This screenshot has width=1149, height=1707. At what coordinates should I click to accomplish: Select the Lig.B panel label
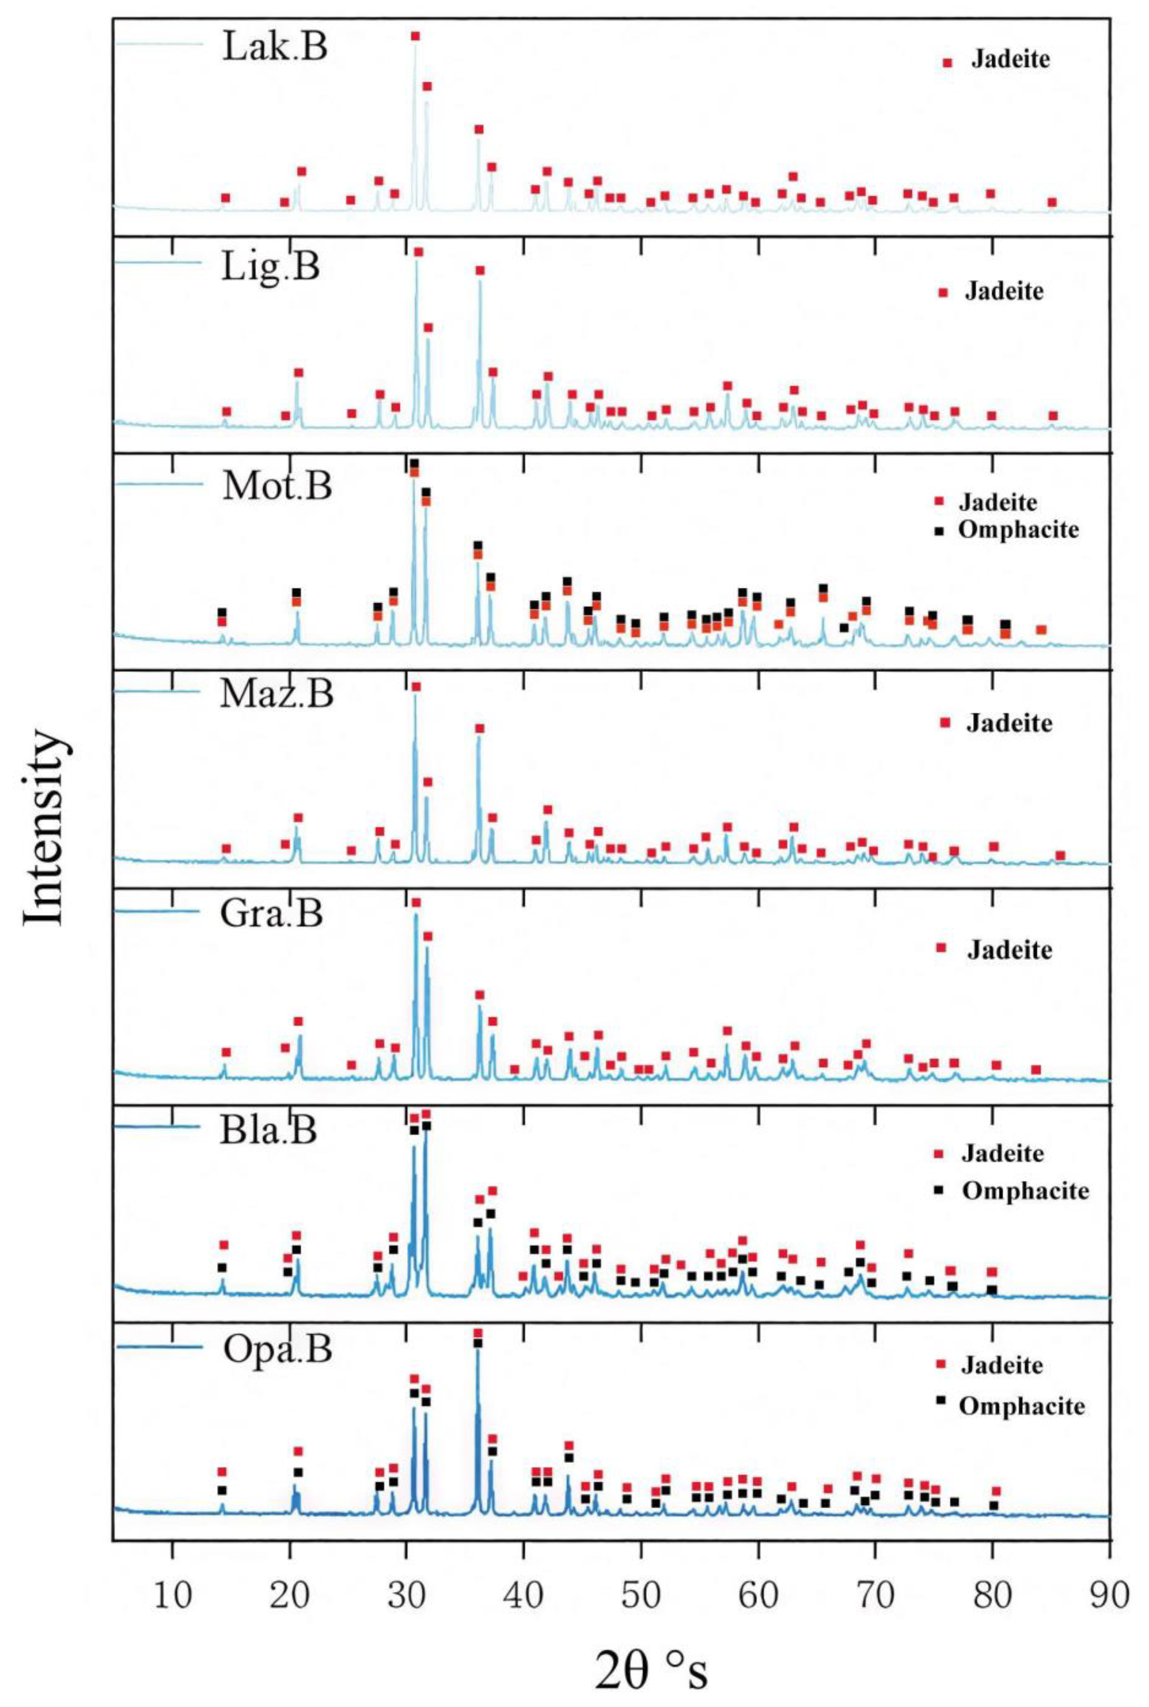coord(270,267)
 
